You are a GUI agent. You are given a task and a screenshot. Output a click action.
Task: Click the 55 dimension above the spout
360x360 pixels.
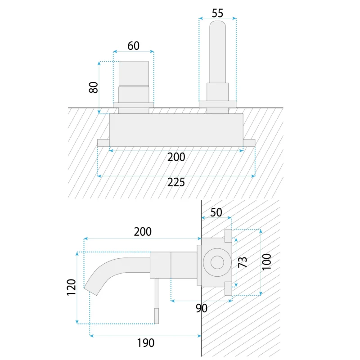[x=217, y=13]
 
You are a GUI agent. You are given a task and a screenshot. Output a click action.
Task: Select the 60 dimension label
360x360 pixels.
[x=133, y=46]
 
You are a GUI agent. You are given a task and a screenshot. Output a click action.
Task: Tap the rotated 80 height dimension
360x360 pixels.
[x=94, y=86]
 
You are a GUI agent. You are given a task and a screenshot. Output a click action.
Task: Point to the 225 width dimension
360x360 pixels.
[x=176, y=182]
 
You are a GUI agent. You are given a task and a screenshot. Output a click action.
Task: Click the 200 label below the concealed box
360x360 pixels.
[x=176, y=157]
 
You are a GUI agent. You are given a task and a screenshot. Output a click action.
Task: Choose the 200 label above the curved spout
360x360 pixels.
[x=143, y=232]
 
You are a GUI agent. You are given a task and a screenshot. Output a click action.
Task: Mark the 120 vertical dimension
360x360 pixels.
[x=71, y=287]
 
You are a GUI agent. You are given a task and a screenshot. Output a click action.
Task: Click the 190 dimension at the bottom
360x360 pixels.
[x=145, y=343]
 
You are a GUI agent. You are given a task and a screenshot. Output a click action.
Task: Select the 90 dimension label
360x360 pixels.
[x=201, y=308]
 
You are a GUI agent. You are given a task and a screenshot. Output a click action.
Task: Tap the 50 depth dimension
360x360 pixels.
[x=216, y=212]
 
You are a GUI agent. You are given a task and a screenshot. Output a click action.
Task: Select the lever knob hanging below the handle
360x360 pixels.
[x=157, y=316]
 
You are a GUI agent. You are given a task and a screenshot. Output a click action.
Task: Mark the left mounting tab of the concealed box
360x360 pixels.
[x=103, y=143]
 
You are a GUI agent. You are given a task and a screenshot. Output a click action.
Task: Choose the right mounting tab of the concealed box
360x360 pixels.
[x=249, y=143]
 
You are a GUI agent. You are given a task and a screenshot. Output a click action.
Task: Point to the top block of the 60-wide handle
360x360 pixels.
[x=133, y=72]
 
